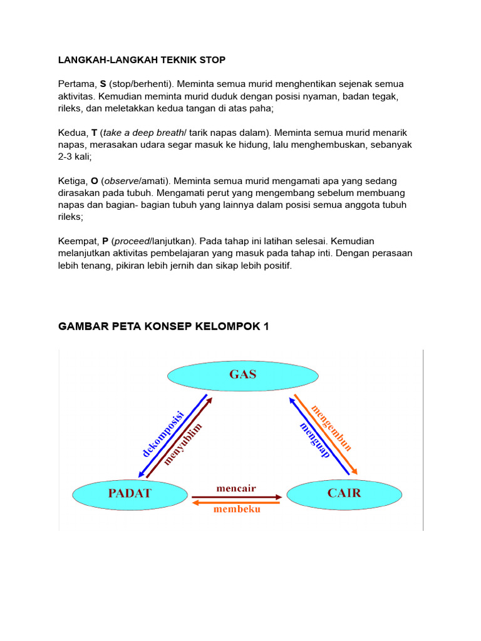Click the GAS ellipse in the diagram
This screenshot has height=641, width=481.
click(242, 375)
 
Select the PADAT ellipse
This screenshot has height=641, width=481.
click(130, 493)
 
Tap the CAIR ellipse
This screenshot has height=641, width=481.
click(344, 493)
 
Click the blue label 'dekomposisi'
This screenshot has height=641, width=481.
click(162, 434)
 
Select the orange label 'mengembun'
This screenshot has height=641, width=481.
click(333, 428)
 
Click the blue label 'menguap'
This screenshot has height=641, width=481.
click(314, 441)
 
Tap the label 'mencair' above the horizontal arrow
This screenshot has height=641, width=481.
click(236, 488)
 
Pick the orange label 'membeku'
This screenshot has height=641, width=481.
click(237, 509)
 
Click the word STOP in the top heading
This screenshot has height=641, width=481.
click(212, 60)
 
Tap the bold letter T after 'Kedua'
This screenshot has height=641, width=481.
click(94, 133)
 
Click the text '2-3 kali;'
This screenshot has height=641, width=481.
click(75, 156)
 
